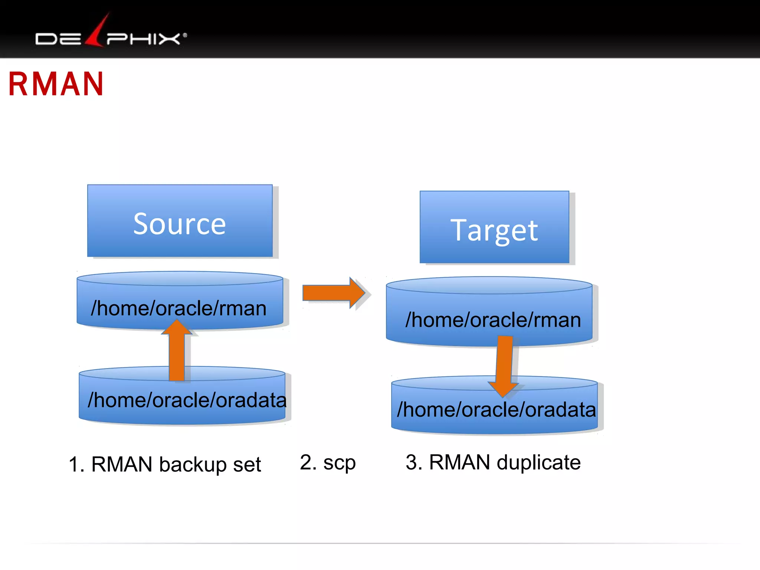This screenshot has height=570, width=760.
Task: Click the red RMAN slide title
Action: [x=56, y=84]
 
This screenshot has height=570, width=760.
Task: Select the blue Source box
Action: [x=180, y=221]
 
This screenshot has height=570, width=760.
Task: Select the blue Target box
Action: [x=494, y=227]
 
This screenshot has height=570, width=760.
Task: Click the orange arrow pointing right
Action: [x=333, y=293]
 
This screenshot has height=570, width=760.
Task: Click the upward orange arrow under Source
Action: [x=177, y=351]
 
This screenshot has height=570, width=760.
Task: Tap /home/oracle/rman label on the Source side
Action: [x=178, y=308]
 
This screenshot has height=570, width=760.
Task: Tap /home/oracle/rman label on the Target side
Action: [x=493, y=320]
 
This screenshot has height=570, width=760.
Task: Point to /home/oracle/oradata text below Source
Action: [x=187, y=400]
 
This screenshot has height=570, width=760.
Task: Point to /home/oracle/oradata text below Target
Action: [x=496, y=410]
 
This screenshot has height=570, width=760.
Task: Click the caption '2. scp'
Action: [x=327, y=463]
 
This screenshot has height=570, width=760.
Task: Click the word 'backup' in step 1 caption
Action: [x=193, y=465]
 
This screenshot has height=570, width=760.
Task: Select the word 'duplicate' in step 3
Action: [x=538, y=462]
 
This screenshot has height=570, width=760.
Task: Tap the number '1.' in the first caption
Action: [x=76, y=465]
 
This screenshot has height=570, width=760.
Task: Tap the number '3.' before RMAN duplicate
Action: [x=414, y=462]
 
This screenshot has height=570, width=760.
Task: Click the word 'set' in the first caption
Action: [x=247, y=465]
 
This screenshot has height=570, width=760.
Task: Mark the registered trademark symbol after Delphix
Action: [x=185, y=36]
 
